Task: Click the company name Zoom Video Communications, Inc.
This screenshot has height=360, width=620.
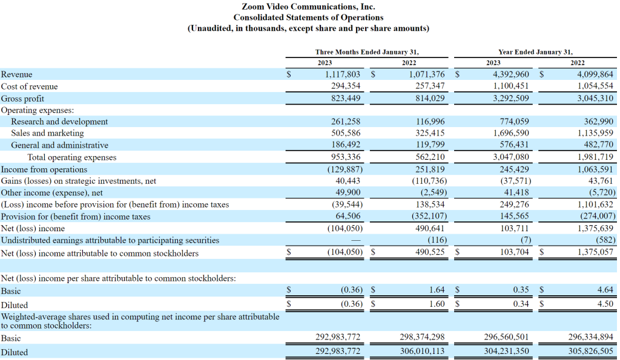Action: pos(308,7)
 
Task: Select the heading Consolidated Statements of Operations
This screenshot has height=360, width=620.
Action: pos(308,18)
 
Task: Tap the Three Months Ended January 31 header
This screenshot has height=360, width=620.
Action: pos(367,52)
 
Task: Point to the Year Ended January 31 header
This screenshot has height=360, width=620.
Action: pos(535,52)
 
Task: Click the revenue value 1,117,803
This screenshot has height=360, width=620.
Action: pos(343,74)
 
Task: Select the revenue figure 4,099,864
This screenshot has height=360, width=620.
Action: pos(595,74)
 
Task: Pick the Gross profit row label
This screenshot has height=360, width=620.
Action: pos(22,99)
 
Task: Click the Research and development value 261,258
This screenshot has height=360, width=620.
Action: pos(346,122)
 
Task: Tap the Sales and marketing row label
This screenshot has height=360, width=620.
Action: pos(47,133)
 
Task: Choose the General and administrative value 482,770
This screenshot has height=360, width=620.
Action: pos(599,145)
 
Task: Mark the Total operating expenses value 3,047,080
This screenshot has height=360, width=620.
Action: pos(511,157)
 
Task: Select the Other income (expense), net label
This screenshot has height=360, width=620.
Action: pos(52,193)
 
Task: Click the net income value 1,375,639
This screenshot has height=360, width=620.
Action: pos(595,229)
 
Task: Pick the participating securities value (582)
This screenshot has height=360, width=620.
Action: pos(605,240)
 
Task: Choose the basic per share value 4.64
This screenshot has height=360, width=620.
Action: pos(605,290)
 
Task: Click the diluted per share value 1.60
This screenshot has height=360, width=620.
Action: pos(437,304)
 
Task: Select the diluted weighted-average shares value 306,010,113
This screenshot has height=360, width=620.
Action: pos(422,351)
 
